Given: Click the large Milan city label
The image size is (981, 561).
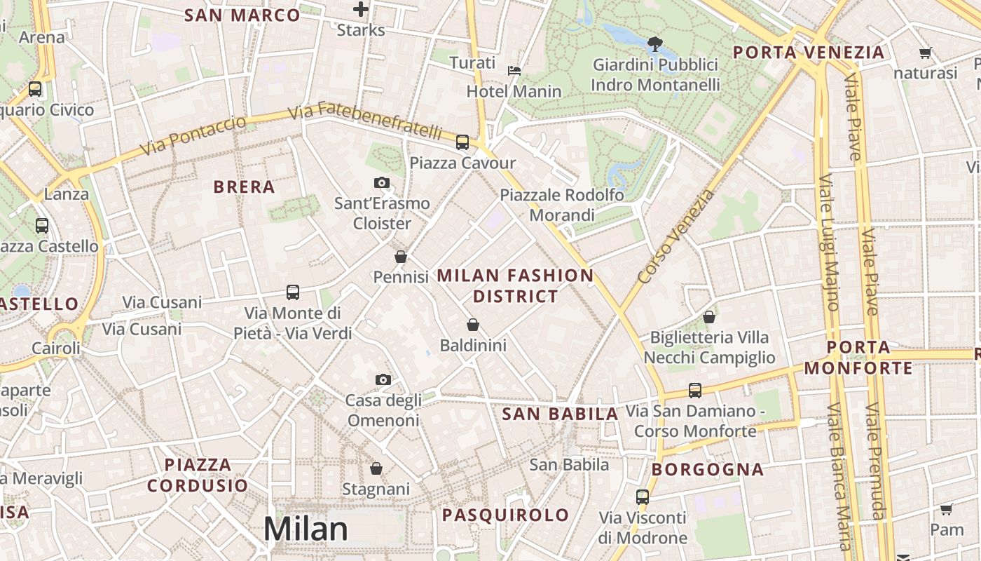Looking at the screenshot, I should (x=306, y=529).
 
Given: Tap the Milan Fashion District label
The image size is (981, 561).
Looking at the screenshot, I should (x=515, y=285).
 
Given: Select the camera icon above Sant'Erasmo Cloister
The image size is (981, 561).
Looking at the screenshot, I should (x=382, y=183).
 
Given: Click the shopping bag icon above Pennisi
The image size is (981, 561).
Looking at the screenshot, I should (x=401, y=257).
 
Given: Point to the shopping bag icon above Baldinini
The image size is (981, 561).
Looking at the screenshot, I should (x=473, y=325).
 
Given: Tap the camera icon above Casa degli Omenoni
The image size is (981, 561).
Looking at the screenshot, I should (x=383, y=379).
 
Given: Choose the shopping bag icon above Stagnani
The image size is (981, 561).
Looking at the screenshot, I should (x=376, y=468).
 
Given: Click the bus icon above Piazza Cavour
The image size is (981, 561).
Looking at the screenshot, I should (x=462, y=142).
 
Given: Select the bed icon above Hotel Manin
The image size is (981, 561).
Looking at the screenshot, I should (x=514, y=70).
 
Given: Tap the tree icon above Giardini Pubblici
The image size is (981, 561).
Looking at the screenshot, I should (x=655, y=44).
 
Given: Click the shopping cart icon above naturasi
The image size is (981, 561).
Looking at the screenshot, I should (x=925, y=53).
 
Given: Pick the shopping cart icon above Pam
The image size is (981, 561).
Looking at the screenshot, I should (x=947, y=509).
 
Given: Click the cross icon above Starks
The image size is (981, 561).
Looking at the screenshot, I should (x=361, y=9).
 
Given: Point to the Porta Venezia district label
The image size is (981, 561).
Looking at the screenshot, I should (x=809, y=53).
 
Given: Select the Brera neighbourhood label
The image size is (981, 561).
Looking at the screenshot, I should (x=244, y=187).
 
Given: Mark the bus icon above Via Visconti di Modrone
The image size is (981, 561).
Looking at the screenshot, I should (x=643, y=497).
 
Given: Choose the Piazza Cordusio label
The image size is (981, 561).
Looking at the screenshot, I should (x=198, y=475).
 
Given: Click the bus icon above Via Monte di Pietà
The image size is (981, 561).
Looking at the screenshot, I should (x=293, y=292).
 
